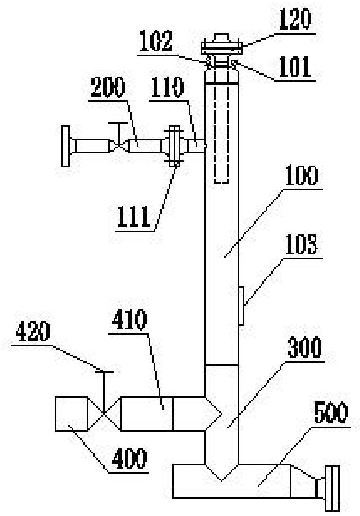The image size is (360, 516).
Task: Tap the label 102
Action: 156,42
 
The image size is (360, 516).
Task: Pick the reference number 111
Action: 133,217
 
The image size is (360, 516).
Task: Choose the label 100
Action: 302,175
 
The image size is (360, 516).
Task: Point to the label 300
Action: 304,348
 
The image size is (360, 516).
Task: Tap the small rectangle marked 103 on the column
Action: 241,305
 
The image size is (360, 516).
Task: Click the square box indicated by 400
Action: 72,413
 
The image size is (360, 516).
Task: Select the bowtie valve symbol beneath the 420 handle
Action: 104,413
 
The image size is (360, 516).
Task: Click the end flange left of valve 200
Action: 66,146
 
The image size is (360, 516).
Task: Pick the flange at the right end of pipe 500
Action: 332,488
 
